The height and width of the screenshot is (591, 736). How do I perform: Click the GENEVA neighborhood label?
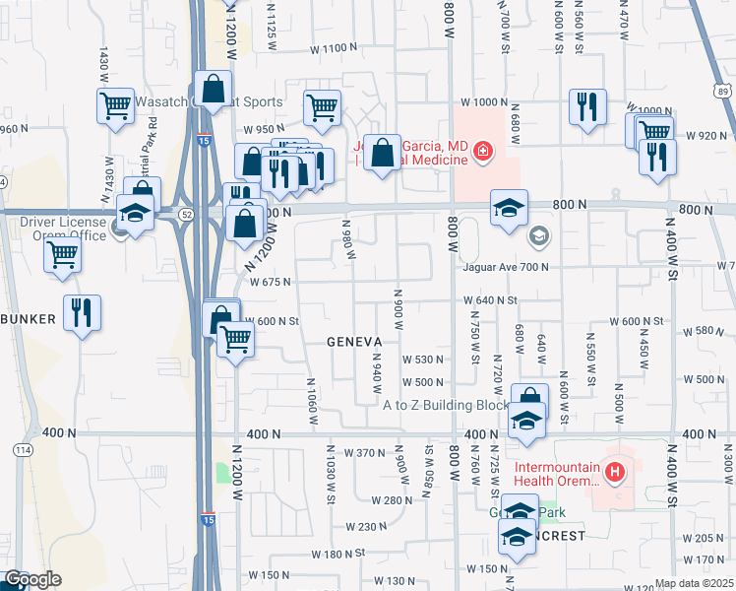[354, 341]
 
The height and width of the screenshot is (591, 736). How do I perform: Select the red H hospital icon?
[616, 474]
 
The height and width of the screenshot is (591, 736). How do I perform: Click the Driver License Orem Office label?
[63, 229]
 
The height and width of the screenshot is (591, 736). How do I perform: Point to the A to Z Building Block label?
[446, 405]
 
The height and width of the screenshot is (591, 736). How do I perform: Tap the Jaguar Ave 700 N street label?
[507, 267]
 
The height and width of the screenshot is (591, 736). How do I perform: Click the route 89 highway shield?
[724, 92]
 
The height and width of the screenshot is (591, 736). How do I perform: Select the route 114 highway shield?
[23, 449]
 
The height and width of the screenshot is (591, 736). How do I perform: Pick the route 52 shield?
[185, 212]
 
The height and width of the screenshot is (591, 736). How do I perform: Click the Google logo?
[31, 579]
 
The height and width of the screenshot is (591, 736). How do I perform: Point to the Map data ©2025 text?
[694, 583]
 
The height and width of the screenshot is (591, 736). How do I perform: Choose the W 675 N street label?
[270, 282]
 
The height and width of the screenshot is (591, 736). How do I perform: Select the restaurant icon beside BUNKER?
[82, 312]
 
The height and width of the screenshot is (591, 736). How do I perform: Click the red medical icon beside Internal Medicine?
[482, 151]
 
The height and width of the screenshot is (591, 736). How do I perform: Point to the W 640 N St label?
[491, 299]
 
